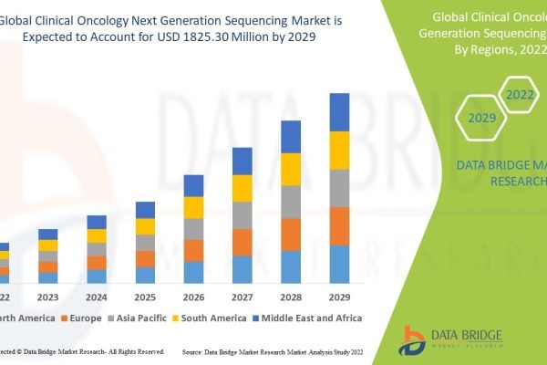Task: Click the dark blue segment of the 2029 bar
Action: click(x=339, y=112)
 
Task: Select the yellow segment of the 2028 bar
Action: click(x=290, y=169)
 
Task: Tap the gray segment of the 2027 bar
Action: click(x=242, y=215)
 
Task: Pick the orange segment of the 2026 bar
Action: click(x=193, y=251)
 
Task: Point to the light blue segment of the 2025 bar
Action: click(x=145, y=275)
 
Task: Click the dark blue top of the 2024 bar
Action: click(x=97, y=222)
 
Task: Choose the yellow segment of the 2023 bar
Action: click(x=47, y=245)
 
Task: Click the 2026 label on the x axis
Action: click(x=193, y=297)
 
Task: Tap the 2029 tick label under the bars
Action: click(x=339, y=297)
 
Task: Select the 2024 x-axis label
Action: click(x=97, y=297)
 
